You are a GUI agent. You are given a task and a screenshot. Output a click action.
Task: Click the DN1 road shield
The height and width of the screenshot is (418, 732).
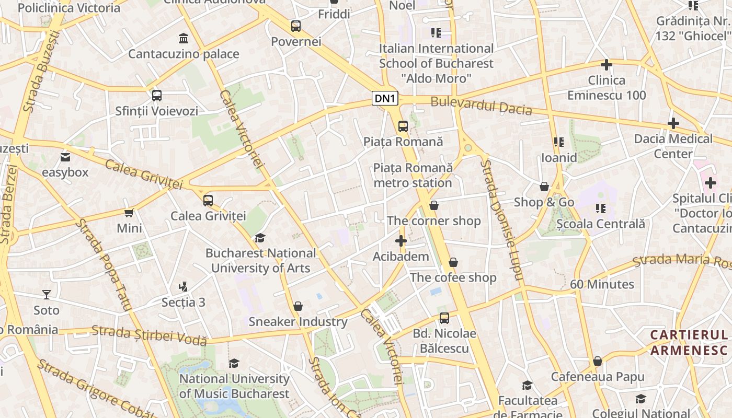point(385,99)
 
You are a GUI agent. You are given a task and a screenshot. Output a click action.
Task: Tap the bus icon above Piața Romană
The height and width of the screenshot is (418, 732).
point(403,126)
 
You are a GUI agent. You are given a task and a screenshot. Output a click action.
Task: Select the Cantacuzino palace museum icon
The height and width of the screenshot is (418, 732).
point(184,38)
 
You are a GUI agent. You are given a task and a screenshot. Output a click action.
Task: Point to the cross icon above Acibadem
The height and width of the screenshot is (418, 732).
point(401,241)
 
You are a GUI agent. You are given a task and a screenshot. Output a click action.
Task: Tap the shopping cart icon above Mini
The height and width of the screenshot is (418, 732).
point(129,213)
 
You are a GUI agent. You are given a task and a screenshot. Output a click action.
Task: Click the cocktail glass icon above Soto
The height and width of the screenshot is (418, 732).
point(47,295)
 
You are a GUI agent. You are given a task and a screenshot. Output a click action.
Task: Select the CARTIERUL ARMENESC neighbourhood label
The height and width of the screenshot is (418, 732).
point(689,342)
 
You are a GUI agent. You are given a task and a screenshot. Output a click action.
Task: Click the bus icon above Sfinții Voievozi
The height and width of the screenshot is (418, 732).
point(156,96)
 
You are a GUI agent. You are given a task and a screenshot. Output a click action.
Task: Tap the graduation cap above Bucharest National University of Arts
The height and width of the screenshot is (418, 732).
point(260,238)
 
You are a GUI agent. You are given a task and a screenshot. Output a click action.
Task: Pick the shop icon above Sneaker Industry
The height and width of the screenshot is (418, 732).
point(298,306)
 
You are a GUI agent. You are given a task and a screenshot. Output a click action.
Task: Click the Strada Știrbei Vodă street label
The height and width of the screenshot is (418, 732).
point(149,335)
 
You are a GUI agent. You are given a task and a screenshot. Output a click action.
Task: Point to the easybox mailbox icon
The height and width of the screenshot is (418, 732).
point(65,157)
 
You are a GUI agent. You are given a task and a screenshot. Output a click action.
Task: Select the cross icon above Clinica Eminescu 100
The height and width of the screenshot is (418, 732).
point(607,65)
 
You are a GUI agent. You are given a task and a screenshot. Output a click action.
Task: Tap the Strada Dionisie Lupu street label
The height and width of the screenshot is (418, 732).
point(501,219)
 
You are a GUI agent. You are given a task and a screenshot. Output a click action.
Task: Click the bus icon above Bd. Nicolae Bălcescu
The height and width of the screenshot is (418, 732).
point(444,318)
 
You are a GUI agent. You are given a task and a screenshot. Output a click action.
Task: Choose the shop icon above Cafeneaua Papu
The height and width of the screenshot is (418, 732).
point(598,362)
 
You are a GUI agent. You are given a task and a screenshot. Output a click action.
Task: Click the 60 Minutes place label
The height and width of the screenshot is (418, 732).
point(602,284)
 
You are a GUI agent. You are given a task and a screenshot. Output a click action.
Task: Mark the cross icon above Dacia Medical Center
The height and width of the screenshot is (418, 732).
point(673,123)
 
